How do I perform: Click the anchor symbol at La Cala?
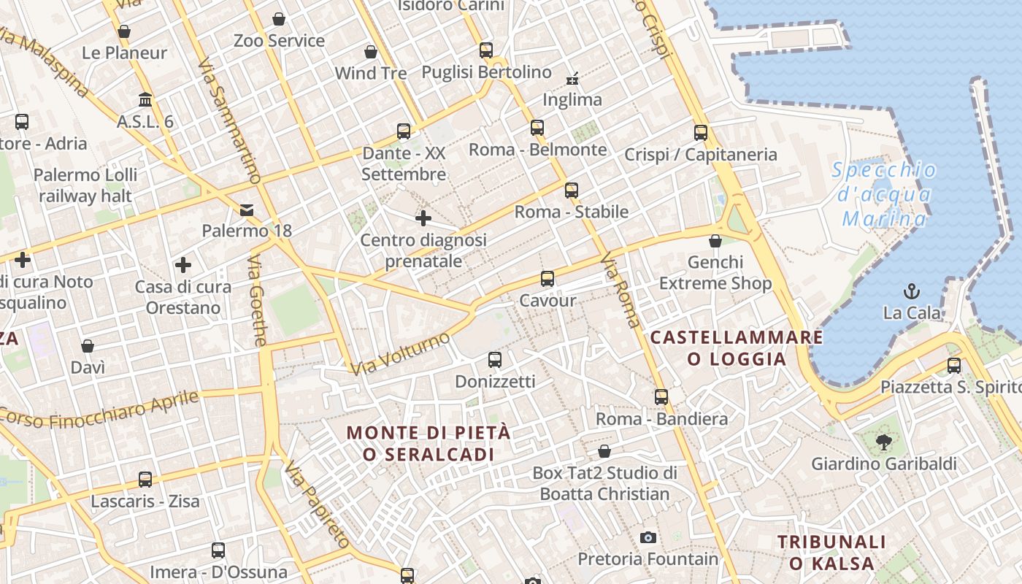pos(911,292)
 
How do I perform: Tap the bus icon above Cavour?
pos(547,278)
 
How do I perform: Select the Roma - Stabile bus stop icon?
pos(571,191)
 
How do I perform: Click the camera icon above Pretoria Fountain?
pos(648,538)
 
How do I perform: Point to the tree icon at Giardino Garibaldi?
pos(884,442)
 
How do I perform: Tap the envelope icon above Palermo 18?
pos(247,210)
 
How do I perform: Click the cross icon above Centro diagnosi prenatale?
pos(423,218)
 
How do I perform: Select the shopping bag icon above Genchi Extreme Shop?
pos(715,241)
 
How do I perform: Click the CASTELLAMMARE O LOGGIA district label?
pos(737,348)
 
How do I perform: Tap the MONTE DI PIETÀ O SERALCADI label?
pos(429,443)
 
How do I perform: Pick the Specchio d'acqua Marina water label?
pos(884,195)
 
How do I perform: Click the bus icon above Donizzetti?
pos(495,359)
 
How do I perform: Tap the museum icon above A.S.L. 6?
pos(145,99)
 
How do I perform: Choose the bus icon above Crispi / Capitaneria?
pos(701,133)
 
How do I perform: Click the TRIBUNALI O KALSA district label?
pos(831,553)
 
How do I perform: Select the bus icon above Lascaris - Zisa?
pos(145,480)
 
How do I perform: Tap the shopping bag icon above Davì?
pos(88,346)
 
